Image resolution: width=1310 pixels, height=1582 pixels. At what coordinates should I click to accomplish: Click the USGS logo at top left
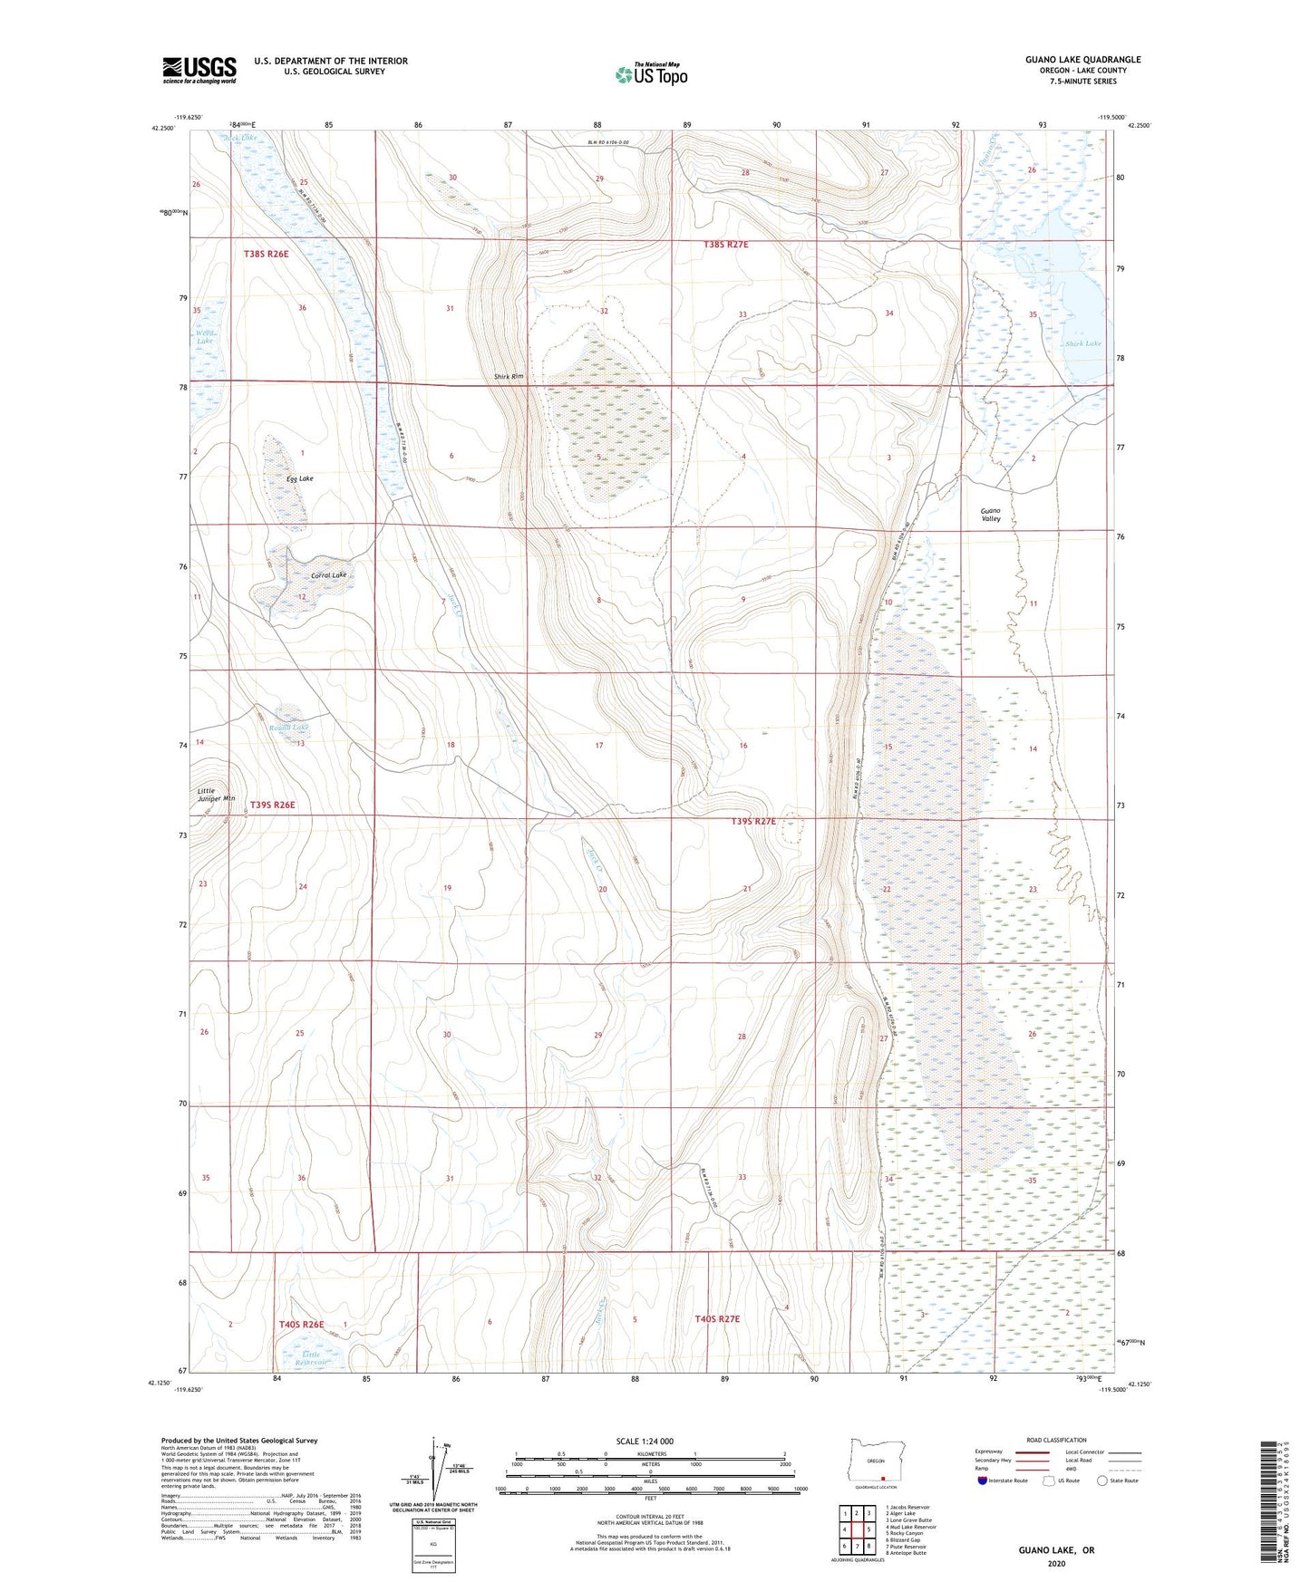coord(199,69)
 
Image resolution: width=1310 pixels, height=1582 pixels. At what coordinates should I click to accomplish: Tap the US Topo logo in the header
coord(651,74)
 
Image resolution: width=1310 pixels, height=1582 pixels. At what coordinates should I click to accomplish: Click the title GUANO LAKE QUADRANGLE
coord(1082,60)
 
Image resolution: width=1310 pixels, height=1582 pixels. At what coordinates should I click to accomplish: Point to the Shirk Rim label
coord(509,376)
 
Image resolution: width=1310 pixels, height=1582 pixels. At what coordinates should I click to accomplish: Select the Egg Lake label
coord(299,478)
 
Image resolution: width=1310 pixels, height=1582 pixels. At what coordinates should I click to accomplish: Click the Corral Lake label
coord(328,575)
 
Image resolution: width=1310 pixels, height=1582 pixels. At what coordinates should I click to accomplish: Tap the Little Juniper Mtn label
coord(216,795)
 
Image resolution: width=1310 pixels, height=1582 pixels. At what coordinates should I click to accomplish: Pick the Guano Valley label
coord(990,515)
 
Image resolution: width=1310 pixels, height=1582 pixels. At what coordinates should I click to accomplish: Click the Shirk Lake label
coord(1083,343)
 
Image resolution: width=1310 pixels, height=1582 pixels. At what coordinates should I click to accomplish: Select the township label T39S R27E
coord(753,821)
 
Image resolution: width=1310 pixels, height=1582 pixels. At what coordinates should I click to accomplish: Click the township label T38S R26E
coord(266,255)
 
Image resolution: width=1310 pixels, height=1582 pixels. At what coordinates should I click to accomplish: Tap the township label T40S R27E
coord(717,1319)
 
